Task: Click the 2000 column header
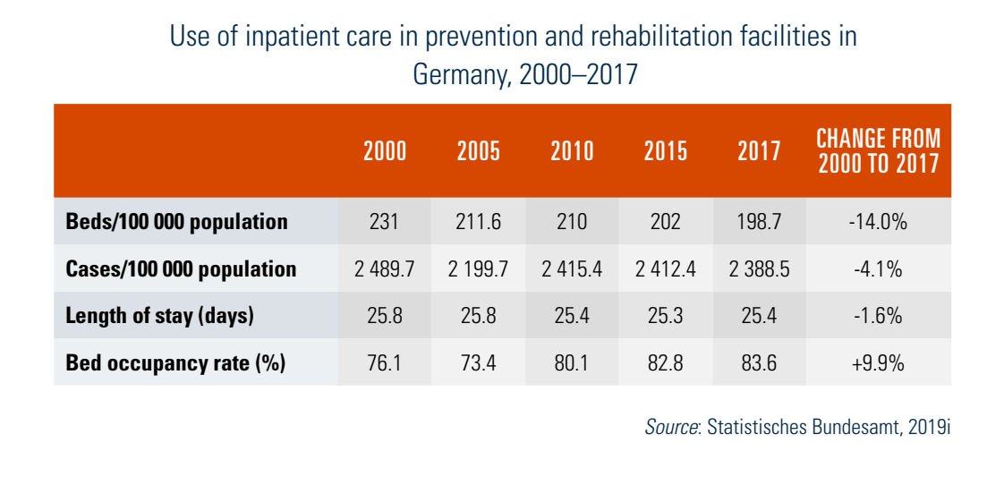(385, 151)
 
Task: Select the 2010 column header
(572, 151)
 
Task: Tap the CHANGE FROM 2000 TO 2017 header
(878, 151)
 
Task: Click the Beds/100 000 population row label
(177, 222)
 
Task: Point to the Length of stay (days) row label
(160, 316)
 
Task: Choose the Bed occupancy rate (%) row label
(175, 363)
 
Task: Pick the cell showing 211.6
(479, 222)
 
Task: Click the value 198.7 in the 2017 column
(760, 222)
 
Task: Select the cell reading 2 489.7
(385, 269)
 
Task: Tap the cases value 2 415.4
(572, 269)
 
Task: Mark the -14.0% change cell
(878, 222)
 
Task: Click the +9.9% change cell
(878, 363)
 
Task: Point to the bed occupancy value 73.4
(479, 363)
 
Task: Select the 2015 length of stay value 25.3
(666, 316)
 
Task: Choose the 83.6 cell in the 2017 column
(760, 363)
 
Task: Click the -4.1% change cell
(878, 269)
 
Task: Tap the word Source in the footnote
(671, 427)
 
